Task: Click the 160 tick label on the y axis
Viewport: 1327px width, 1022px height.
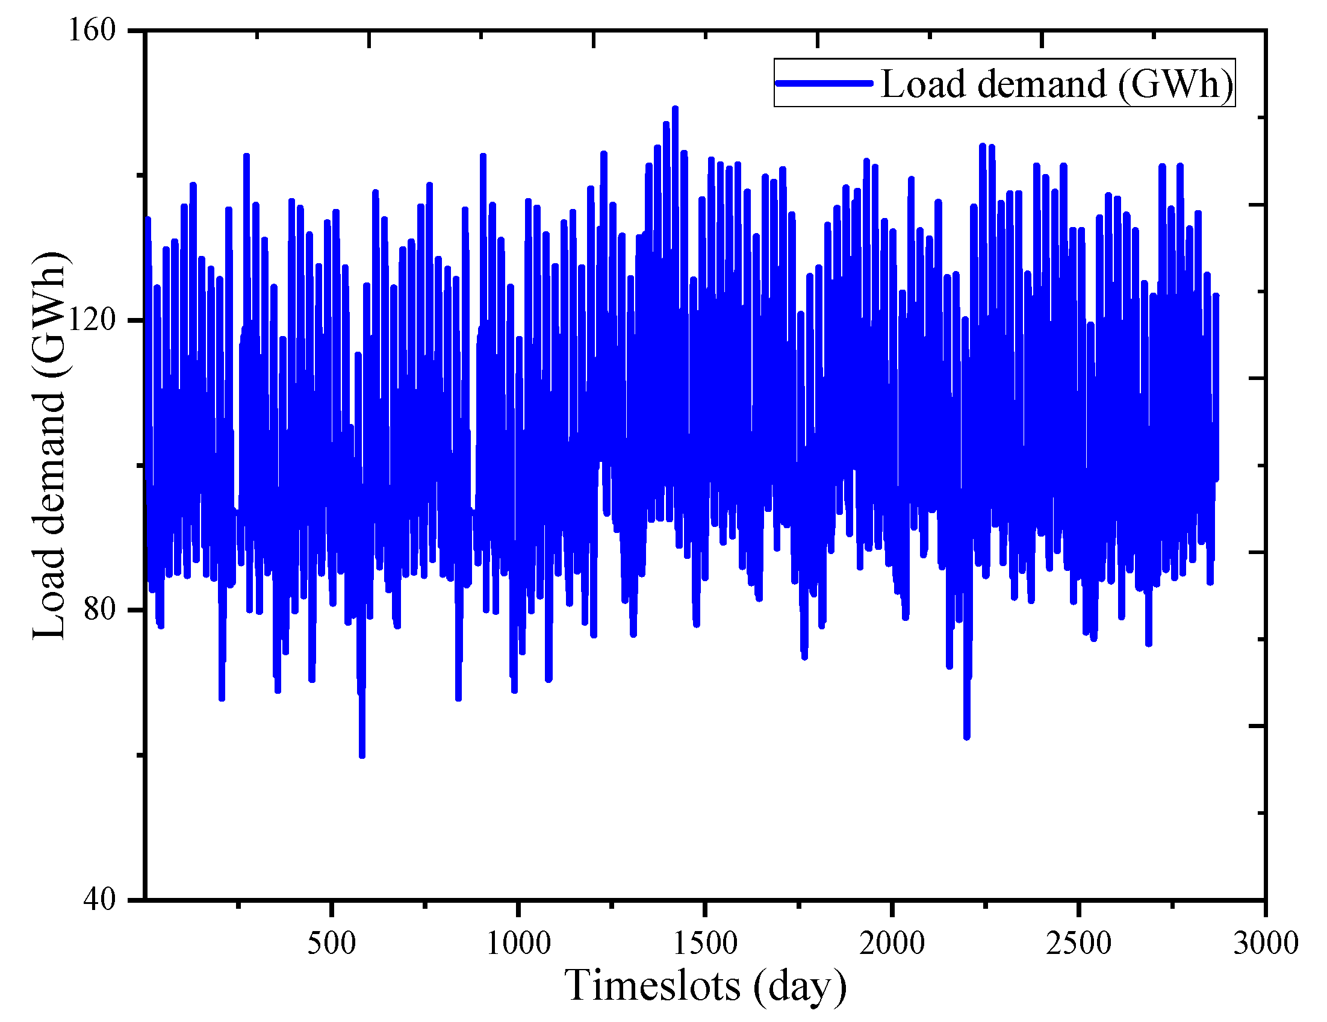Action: point(92,30)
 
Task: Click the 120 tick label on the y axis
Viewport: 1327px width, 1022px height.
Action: point(92,320)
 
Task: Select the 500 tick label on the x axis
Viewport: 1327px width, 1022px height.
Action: point(332,944)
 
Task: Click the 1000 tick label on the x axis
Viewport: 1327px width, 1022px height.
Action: point(518,944)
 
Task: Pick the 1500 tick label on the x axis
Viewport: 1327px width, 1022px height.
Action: point(706,944)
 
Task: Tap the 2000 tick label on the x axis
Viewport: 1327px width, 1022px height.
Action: point(892,944)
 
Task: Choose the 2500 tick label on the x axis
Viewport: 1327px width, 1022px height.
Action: point(1079,944)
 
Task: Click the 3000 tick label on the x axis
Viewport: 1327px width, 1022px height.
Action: point(1266,944)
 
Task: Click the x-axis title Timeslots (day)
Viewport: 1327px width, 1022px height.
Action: point(706,985)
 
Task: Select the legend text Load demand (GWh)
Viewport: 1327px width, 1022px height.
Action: point(1057,83)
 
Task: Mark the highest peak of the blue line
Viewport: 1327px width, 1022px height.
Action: point(675,109)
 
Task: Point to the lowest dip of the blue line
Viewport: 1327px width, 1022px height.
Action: point(362,755)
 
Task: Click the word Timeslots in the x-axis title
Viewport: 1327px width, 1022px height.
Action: point(653,985)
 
